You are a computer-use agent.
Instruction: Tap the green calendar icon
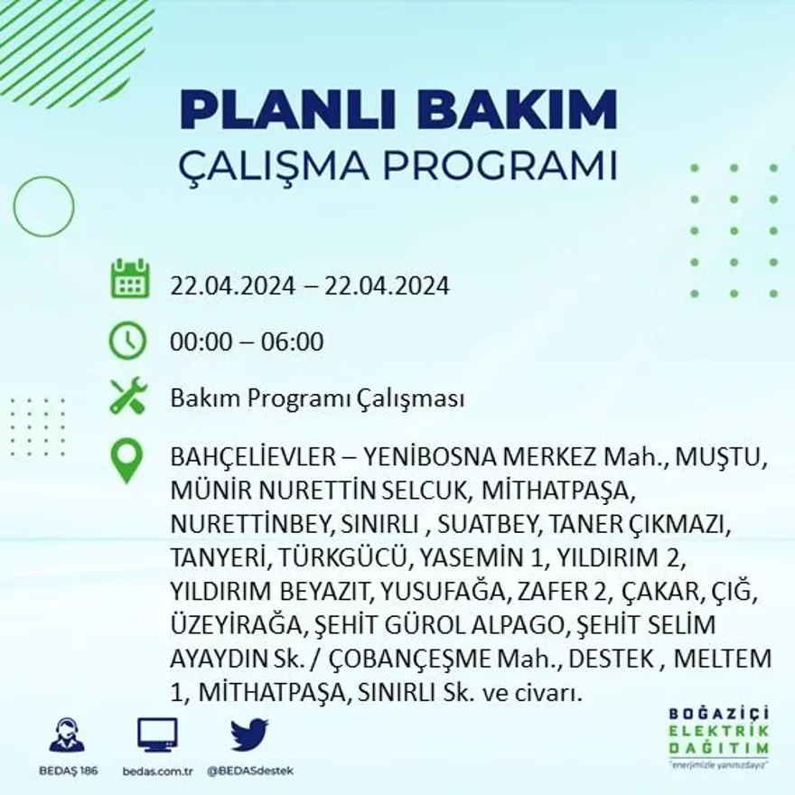[x=129, y=279]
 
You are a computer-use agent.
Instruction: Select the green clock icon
[x=127, y=341]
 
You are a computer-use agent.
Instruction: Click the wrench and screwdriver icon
[x=127, y=397]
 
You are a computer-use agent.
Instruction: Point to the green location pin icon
[x=126, y=460]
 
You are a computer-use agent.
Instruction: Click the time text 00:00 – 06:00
[x=247, y=342]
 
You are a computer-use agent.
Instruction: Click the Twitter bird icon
[x=249, y=735]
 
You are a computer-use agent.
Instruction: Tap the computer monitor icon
[x=157, y=734]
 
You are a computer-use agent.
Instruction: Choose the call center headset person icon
[x=67, y=735]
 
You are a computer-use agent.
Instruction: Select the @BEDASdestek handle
[x=250, y=771]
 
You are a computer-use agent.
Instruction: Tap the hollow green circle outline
[x=43, y=207]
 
